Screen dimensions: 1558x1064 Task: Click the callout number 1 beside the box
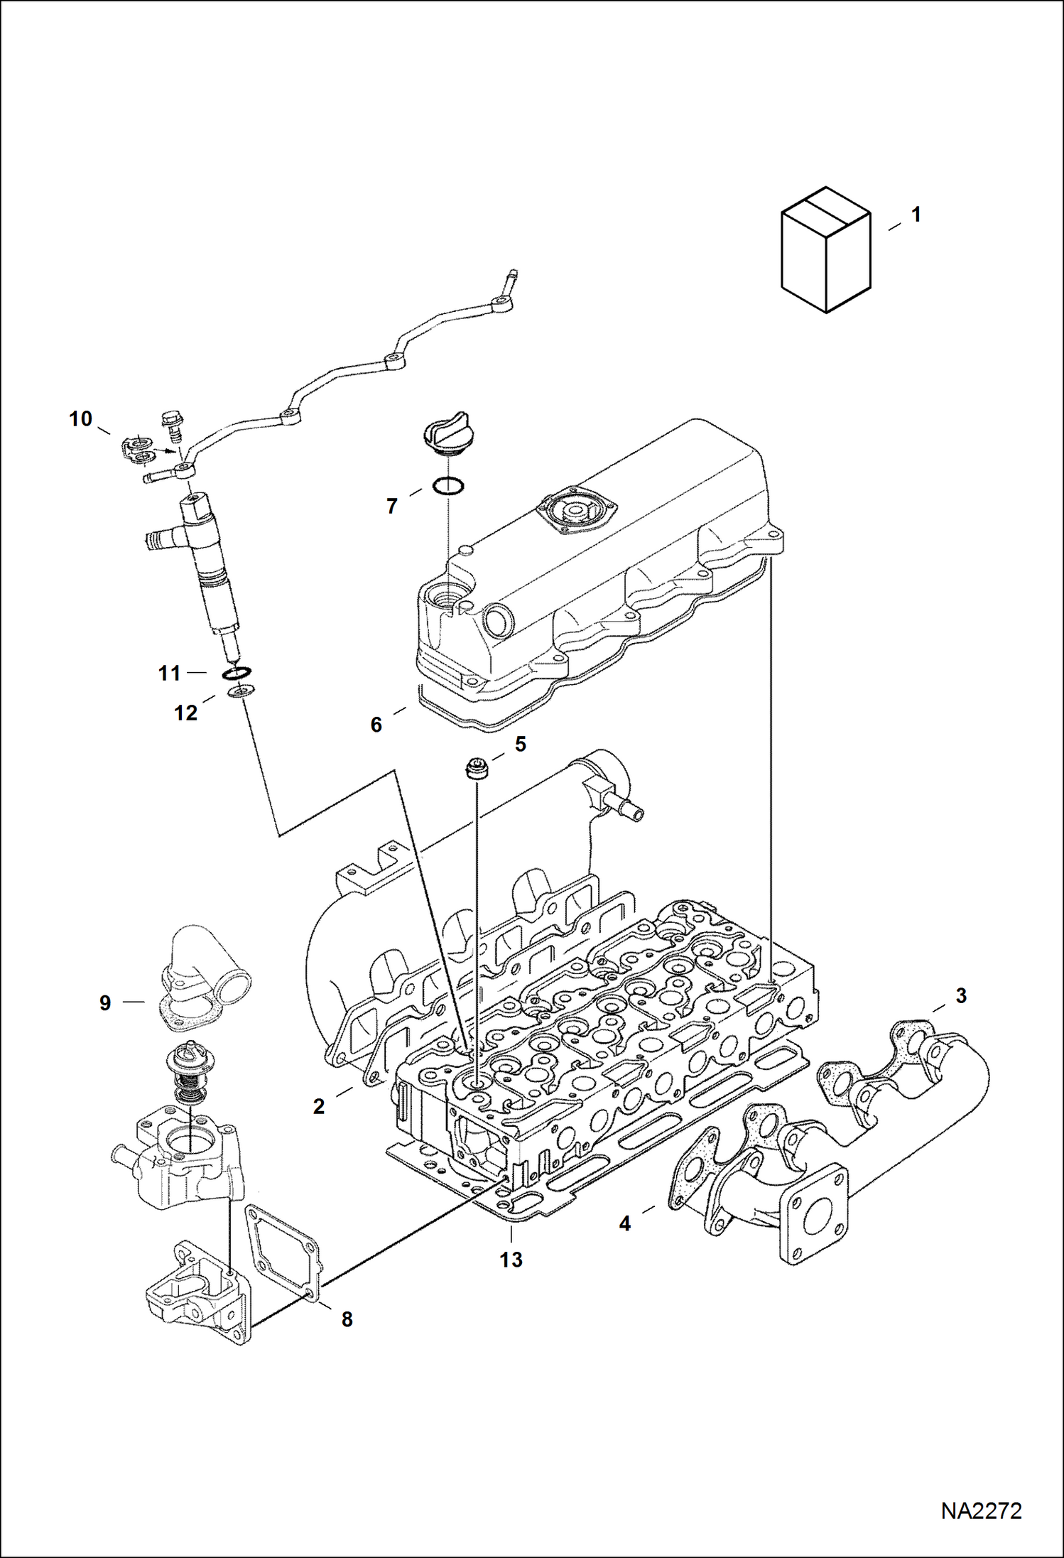click(x=916, y=215)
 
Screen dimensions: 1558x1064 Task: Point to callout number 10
click(x=81, y=419)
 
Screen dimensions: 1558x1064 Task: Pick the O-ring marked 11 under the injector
click(x=237, y=672)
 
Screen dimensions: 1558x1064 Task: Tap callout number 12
click(x=186, y=713)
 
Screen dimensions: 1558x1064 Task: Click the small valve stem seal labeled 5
click(x=474, y=769)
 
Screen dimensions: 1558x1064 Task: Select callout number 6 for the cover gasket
click(x=376, y=725)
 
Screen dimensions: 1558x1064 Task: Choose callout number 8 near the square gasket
click(x=347, y=1319)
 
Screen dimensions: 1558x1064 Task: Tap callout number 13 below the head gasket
click(x=511, y=1260)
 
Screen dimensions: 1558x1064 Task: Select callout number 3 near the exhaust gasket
click(x=961, y=996)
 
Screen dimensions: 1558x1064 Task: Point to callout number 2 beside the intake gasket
click(x=319, y=1106)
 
